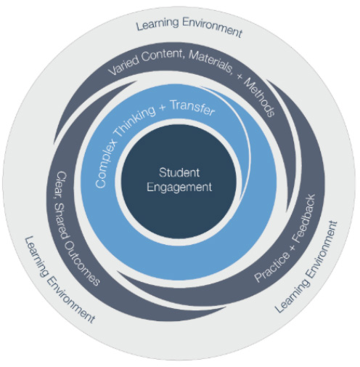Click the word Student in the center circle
click(179, 174)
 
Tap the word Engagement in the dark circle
click(179, 187)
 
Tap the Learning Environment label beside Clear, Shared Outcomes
click(58, 281)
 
